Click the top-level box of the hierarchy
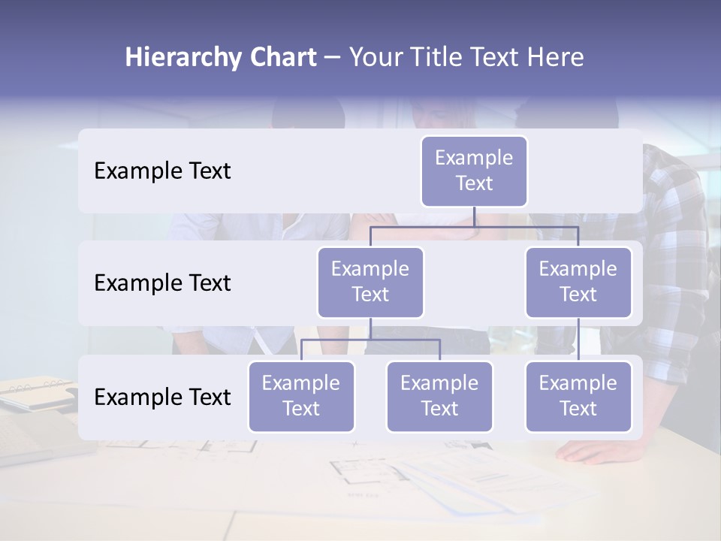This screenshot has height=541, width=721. coord(474,171)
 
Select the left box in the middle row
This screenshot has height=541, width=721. coord(370,282)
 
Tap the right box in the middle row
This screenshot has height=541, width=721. coord(578,282)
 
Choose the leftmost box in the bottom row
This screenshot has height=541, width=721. coord(301,396)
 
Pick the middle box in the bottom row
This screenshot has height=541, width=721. coord(439,396)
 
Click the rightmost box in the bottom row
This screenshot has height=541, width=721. coord(578,396)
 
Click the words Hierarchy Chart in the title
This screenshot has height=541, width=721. coord(221,57)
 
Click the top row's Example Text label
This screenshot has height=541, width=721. coord(162,171)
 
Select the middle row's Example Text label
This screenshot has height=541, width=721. coord(162,283)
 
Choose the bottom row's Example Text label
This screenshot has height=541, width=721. coord(162,397)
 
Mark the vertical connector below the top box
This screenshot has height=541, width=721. coord(474,216)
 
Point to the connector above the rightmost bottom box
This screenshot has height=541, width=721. coord(578,340)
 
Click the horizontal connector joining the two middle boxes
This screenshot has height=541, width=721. coord(474,226)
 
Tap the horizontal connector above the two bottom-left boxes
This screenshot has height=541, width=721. coord(370,340)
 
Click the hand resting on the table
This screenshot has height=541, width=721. coord(593,452)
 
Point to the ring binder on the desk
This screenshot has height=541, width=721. coord(38,391)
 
